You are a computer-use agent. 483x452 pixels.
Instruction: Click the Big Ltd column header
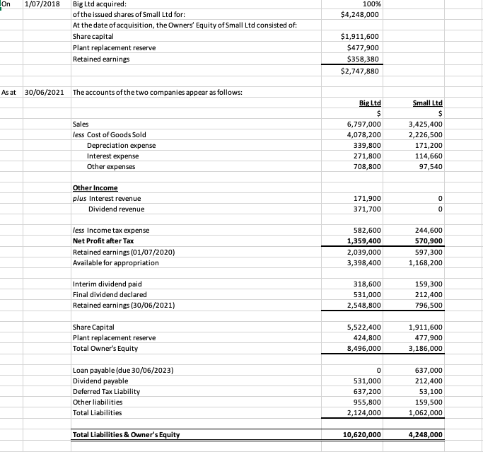tap(370, 103)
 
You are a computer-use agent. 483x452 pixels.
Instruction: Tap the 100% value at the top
tap(371, 4)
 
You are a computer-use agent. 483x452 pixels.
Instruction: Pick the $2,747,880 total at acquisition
tap(360, 71)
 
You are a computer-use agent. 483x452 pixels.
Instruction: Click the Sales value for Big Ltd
tap(364, 124)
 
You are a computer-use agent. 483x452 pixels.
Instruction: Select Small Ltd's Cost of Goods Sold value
tap(425, 134)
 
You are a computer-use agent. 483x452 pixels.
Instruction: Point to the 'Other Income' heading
tap(95, 188)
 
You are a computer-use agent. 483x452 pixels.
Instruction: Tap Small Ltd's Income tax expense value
tap(427, 231)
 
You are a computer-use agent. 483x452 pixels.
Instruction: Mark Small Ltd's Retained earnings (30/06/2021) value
tap(427, 306)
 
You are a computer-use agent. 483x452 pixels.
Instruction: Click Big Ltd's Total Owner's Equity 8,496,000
tap(363, 349)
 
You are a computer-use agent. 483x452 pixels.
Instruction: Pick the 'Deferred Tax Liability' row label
tap(106, 391)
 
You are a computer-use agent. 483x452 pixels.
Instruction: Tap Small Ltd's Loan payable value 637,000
tap(427, 370)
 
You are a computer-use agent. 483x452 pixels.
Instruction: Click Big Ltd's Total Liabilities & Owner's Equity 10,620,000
tap(361, 434)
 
